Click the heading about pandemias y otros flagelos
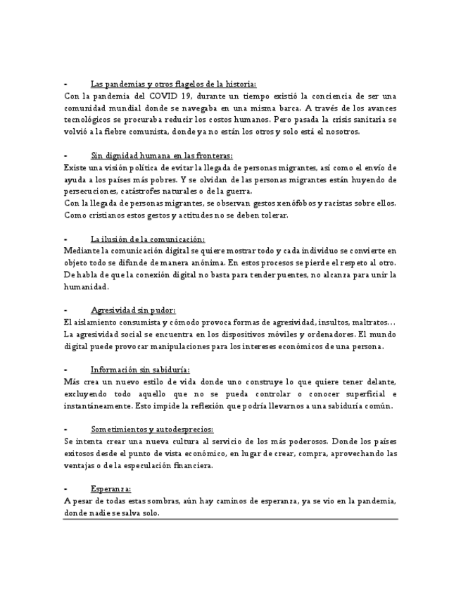pos(173,84)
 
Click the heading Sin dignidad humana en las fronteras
pos(161,156)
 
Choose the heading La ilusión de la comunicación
pos(148,239)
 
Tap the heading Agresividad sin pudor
pos(133,310)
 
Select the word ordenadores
pos(326,334)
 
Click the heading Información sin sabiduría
pos(140,370)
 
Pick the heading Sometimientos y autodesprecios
pos(152,429)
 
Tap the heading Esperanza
pos(110,489)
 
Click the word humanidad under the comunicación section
pos(86,287)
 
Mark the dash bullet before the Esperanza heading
pos(65,489)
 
